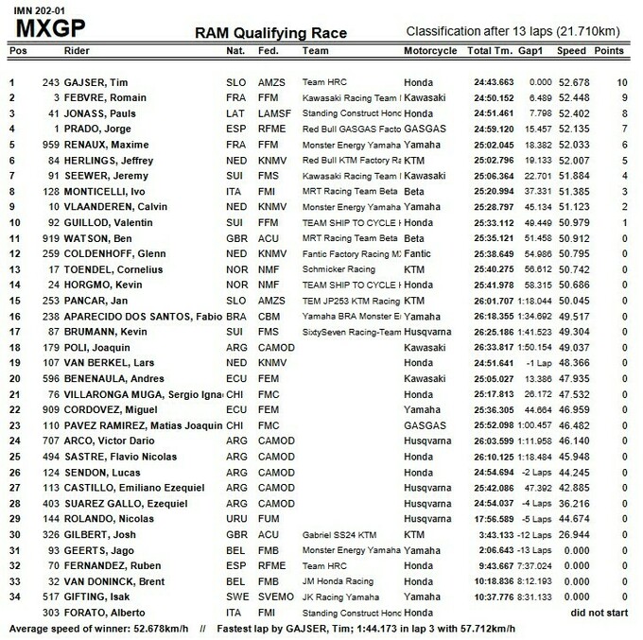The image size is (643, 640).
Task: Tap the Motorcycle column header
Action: (x=433, y=50)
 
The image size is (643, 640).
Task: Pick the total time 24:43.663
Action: (x=494, y=82)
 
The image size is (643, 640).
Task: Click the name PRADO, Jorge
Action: (x=93, y=129)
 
